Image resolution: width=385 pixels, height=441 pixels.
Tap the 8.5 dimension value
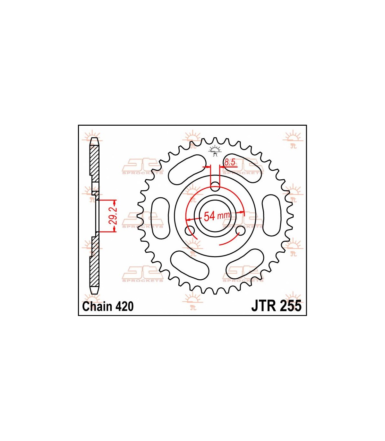coord(230,162)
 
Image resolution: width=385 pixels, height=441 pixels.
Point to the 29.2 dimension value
coord(114,216)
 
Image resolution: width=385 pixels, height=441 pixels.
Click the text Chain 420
coord(108,306)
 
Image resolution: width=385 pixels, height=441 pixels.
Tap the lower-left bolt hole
coord(190,231)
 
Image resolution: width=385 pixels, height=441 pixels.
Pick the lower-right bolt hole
coord(240,231)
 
